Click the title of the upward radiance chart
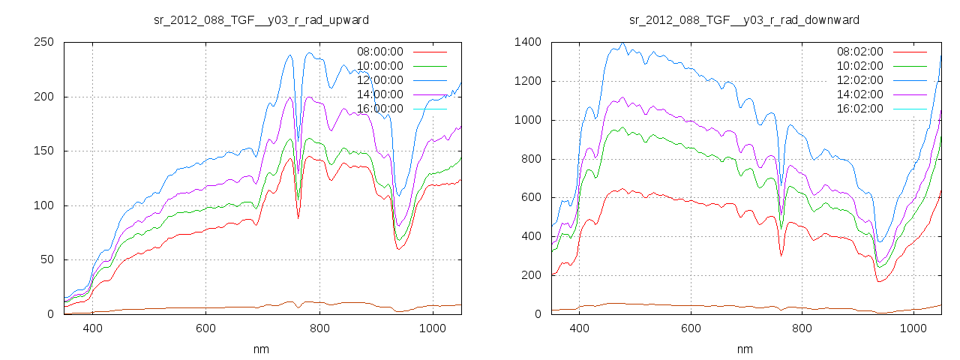coord(261,19)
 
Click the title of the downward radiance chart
coord(743,19)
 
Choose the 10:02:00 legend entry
coord(860,66)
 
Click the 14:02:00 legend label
coord(860,94)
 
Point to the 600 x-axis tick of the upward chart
coord(206,328)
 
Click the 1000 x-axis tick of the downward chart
coord(913,328)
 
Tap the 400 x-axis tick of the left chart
coord(93,328)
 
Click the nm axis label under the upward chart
coord(261,349)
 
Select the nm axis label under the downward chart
coord(744,349)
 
